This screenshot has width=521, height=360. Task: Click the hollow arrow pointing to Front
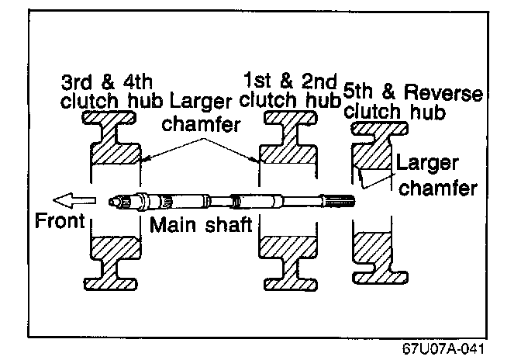pos(80,201)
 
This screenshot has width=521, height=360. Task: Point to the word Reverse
pos(447,95)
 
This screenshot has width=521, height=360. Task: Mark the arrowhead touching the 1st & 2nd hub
pos(257,162)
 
